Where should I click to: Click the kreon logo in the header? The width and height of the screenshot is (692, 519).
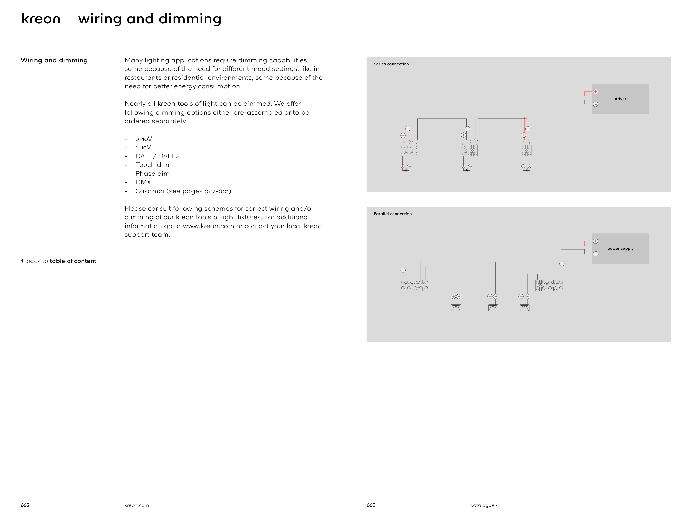pos(41,19)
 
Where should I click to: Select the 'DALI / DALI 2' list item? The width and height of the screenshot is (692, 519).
pos(157,156)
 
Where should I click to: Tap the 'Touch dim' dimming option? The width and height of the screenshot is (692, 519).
pos(152,165)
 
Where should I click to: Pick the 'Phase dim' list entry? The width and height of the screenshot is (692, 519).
pos(152,174)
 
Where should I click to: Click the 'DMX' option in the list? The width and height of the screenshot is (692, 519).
pos(143,182)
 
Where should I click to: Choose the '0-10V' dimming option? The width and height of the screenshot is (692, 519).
pos(144,139)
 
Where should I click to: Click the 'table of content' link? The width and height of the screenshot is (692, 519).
pos(73,261)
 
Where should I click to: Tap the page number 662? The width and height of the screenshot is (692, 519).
pos(25,505)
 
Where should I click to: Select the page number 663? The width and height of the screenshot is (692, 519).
pos(371,505)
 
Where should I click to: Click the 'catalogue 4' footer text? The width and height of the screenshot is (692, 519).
pos(484,505)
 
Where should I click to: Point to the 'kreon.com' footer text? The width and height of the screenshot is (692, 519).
pos(136,505)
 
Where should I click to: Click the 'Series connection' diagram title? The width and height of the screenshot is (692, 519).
pos(391,64)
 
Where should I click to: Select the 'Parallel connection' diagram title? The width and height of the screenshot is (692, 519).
pos(392,214)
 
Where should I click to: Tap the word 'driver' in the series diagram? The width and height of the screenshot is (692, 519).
pos(620,99)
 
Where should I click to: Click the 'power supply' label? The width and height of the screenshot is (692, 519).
pos(620,248)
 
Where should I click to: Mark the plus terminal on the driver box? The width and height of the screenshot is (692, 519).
pos(595,92)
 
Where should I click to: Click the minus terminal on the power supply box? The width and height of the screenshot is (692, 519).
pos(595,254)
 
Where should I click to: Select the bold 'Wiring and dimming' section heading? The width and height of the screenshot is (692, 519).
pos(54,60)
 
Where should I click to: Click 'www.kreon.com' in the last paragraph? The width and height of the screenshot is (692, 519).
pos(208,226)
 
